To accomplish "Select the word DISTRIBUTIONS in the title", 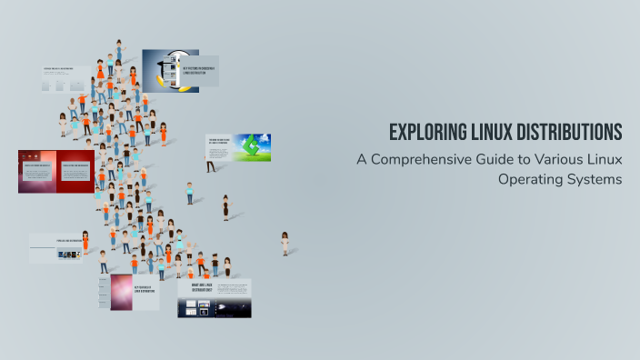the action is pyautogui.click(x=570, y=133).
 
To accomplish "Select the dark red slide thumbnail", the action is pyautogui.click(x=55, y=170).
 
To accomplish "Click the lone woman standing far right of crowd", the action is pyautogui.click(x=285, y=242).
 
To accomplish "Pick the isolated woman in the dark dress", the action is pyautogui.click(x=225, y=207).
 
